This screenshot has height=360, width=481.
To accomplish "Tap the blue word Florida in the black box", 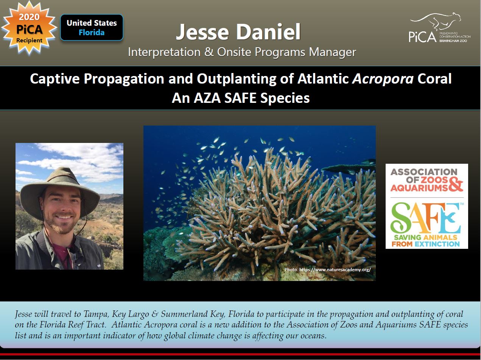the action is click(92, 33).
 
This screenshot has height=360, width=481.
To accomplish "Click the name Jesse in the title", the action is click(202, 32).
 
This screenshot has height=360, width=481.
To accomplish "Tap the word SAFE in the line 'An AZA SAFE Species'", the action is click(240, 98).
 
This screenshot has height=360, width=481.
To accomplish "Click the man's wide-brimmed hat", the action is click(59, 191).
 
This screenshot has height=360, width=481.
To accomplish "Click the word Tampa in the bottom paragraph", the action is click(96, 314).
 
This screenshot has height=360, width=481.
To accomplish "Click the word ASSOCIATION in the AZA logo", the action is click(424, 172).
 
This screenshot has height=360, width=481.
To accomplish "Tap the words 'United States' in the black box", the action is click(92, 23).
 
